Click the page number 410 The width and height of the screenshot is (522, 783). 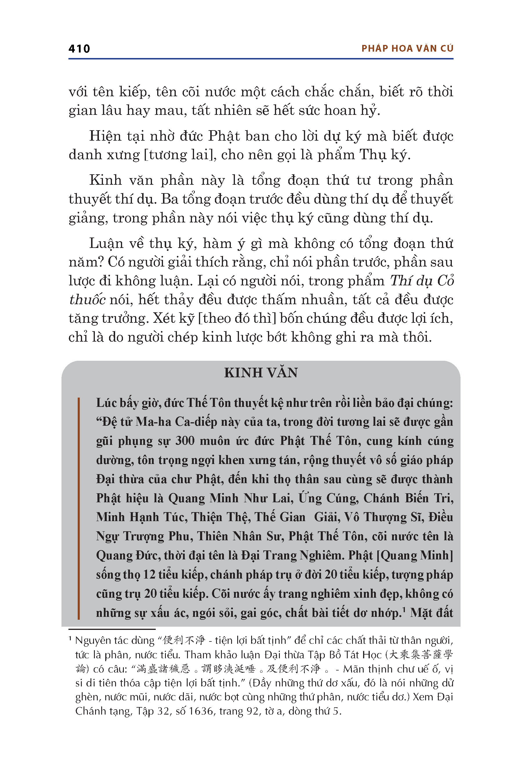(x=79, y=49)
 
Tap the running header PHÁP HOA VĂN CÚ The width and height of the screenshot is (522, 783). (x=407, y=49)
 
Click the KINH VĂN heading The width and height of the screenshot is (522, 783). (x=261, y=373)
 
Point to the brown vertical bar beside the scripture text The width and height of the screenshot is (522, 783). (x=79, y=508)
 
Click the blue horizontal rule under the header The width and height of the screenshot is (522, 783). (x=261, y=59)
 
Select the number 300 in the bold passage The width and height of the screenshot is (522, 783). (x=185, y=441)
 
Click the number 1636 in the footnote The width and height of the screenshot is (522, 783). (x=201, y=711)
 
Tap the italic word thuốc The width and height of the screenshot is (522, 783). (x=87, y=300)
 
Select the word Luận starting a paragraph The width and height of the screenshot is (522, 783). (x=106, y=244)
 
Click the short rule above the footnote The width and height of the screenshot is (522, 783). (x=112, y=629)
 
